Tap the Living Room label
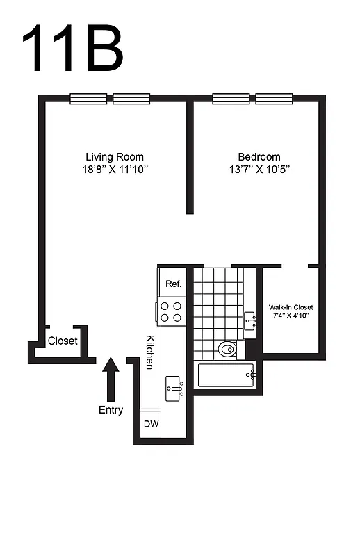point(115,157)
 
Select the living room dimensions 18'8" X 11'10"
point(115,170)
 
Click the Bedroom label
point(259,157)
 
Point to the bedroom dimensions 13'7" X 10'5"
point(259,170)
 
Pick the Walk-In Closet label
point(291,307)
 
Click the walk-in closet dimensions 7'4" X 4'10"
point(291,316)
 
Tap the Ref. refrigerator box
point(173,284)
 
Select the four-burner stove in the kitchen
point(171,311)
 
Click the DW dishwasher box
point(151,424)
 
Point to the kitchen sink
point(174,386)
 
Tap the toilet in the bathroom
point(227,348)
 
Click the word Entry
point(111,410)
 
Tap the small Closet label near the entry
point(63,341)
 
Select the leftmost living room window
point(88,99)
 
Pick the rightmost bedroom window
point(275,99)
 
